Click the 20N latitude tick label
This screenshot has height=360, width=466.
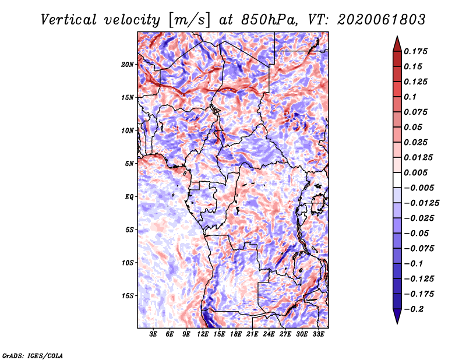coord(127,65)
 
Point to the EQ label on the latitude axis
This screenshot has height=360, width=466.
coord(129,197)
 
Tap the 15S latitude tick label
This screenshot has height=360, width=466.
coord(128,296)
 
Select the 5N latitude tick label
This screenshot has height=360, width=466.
coord(129,164)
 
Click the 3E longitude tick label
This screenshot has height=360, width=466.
coord(153,334)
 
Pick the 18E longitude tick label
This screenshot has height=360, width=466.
coord(236,334)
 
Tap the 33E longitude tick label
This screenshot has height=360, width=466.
coord(318,334)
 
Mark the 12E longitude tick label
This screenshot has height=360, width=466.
coord(203,334)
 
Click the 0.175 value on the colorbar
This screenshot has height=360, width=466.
coord(415,51)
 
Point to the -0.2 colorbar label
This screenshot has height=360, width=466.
coord(414,309)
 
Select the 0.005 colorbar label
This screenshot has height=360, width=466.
coord(415,172)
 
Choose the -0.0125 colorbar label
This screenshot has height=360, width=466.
coord(421,203)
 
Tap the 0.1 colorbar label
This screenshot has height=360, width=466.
coord(410,97)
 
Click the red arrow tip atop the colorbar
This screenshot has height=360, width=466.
coord(397,37)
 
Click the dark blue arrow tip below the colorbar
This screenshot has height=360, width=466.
coord(397,323)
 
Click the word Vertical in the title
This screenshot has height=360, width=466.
coord(69,20)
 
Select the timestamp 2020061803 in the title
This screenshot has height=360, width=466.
coord(382,20)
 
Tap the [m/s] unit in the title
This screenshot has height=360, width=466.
coord(189,20)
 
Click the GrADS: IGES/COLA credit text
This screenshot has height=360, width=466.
coord(33,356)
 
